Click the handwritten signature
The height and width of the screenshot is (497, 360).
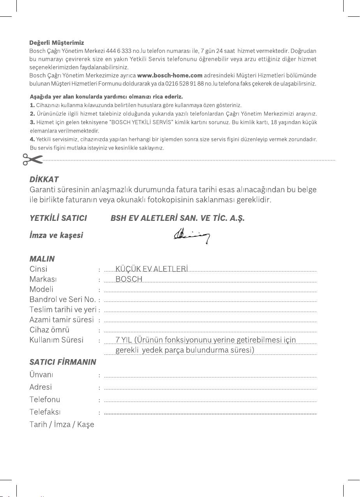click(192, 235)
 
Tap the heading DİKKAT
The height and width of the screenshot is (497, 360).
click(44, 180)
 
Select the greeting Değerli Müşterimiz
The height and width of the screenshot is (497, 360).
click(57, 42)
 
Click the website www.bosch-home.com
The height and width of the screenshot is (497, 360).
click(170, 76)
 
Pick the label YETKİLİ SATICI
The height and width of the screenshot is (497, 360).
click(58, 218)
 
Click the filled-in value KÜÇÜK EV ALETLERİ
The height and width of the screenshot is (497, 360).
click(152, 269)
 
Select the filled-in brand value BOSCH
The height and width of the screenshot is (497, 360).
click(129, 279)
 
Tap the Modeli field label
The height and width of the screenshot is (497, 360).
click(41, 289)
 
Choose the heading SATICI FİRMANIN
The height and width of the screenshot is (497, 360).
click(63, 362)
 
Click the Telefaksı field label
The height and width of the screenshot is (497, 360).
click(45, 412)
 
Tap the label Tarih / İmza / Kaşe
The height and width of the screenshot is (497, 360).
click(62, 424)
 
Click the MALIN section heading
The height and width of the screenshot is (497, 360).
click(42, 259)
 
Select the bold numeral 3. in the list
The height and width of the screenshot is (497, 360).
click(32, 122)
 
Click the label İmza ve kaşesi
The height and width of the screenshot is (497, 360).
click(56, 236)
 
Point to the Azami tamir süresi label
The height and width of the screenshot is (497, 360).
click(62, 320)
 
